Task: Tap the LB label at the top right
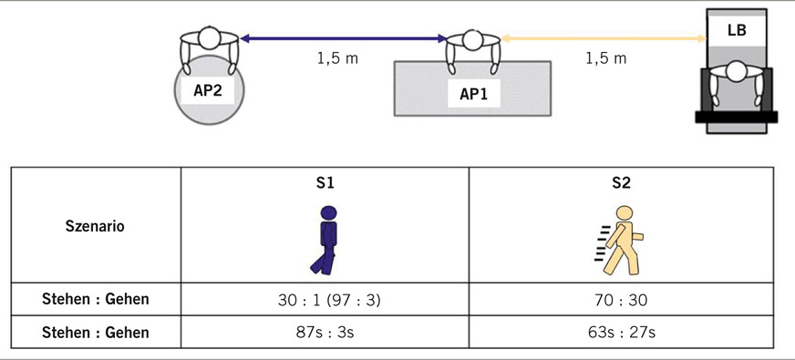[x=737, y=30]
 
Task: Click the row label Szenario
[x=96, y=226]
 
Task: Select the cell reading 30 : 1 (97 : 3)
[x=325, y=298]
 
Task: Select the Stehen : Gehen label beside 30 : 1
[x=96, y=298]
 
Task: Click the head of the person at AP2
[x=210, y=39]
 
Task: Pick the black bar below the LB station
[x=737, y=117]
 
